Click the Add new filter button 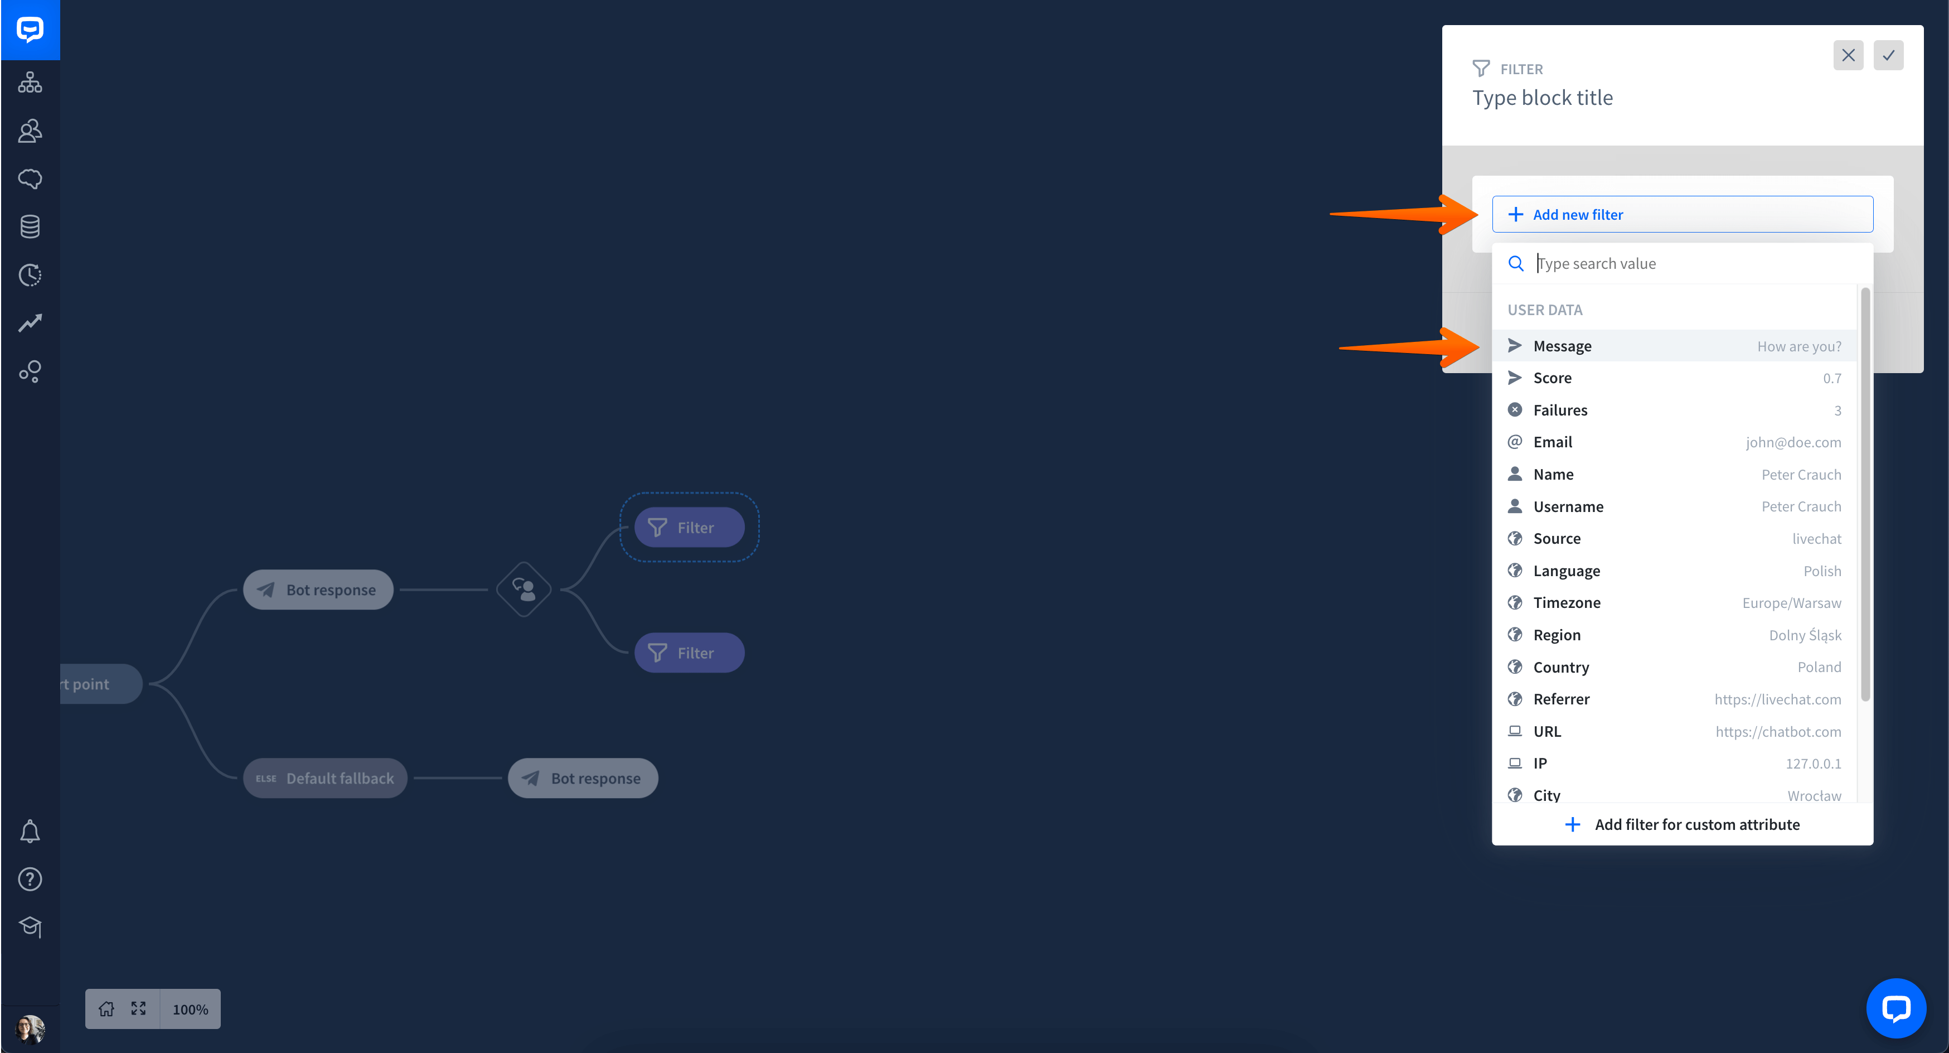click(1682, 214)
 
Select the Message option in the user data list click(1674, 346)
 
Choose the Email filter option click(1674, 442)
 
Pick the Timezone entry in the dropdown click(1674, 602)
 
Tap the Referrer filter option click(1674, 699)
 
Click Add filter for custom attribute click(1682, 824)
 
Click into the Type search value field click(1695, 263)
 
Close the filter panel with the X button click(1848, 55)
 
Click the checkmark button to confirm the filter click(1888, 55)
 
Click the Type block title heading click(1542, 98)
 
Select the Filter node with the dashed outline click(689, 527)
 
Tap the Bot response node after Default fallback click(583, 778)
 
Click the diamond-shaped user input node click(523, 589)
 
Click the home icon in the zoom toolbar click(106, 1009)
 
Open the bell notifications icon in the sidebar click(30, 831)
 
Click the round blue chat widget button click(1896, 1008)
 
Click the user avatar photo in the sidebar click(30, 1029)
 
